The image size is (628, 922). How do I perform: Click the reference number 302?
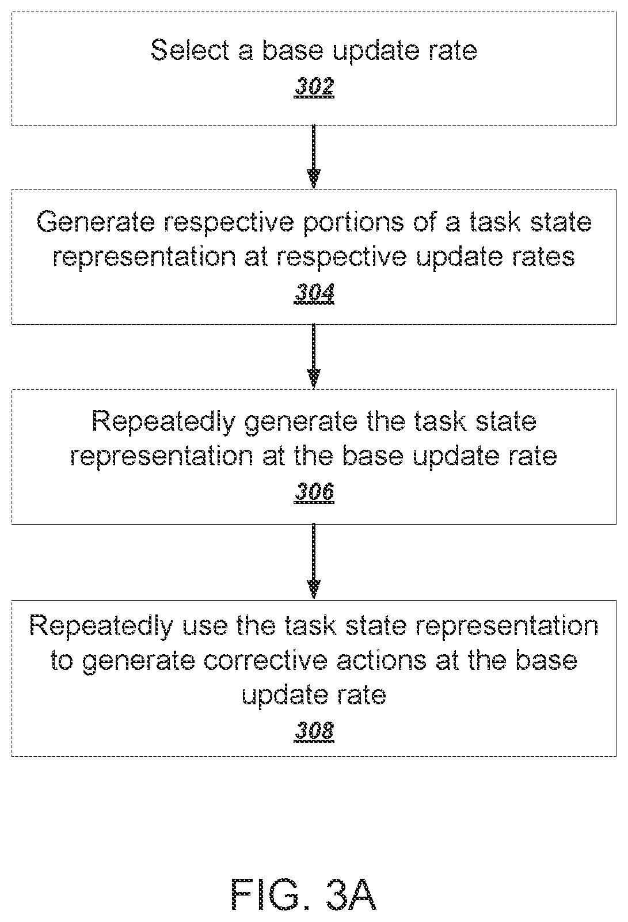tap(314, 87)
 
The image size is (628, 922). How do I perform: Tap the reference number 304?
tap(314, 293)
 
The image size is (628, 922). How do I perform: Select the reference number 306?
tap(314, 492)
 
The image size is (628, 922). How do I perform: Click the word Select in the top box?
tap(190, 50)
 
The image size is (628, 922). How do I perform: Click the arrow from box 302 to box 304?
tap(314, 157)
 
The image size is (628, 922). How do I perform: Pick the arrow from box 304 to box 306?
tap(314, 356)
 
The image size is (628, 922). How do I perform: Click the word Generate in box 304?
tap(96, 222)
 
